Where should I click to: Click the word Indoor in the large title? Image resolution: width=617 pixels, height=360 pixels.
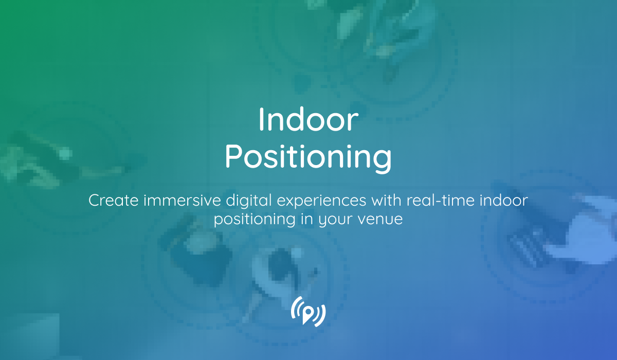pos(307,120)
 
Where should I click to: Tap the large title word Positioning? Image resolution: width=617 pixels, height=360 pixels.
pos(307,157)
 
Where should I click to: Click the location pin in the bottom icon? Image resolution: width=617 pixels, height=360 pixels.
pos(308,313)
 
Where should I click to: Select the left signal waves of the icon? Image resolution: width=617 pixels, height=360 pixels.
pos(296,311)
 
